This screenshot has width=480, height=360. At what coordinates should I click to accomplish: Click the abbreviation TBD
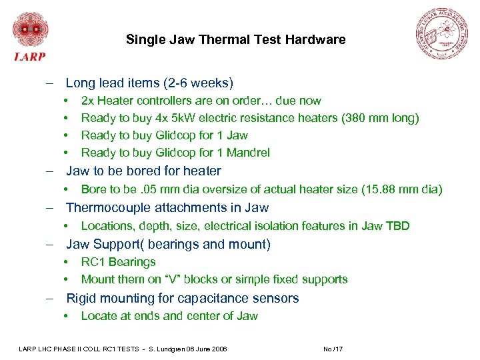click(x=397, y=226)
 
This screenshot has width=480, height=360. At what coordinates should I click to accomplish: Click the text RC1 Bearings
click(x=118, y=262)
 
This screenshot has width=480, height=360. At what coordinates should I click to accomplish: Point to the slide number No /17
click(x=332, y=349)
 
